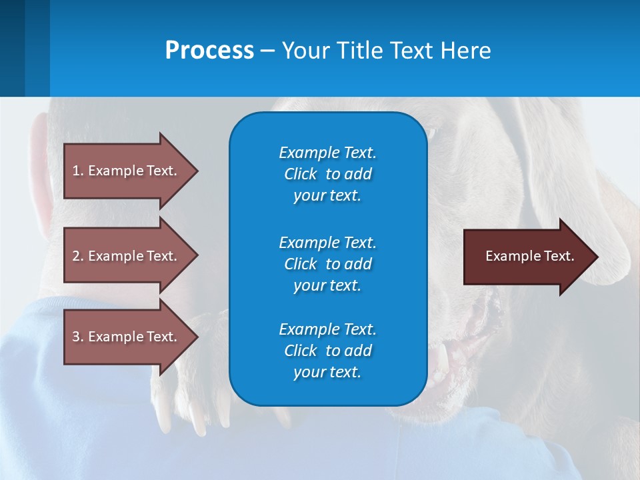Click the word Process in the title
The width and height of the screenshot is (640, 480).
(x=209, y=50)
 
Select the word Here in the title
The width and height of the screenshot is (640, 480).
(x=465, y=50)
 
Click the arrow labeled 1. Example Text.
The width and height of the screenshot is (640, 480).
(x=131, y=171)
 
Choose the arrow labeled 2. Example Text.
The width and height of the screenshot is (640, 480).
(x=131, y=255)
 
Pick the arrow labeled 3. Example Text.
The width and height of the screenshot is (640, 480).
(x=131, y=337)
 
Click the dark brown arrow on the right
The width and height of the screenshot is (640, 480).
(x=531, y=257)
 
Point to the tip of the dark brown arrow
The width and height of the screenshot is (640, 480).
(x=599, y=257)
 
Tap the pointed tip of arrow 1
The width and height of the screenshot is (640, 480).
(x=199, y=171)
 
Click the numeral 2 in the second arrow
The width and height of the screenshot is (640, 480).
(x=76, y=256)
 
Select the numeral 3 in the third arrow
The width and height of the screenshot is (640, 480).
(x=76, y=337)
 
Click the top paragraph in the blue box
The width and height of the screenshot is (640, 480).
(x=328, y=174)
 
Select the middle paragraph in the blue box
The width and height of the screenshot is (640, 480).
(x=328, y=264)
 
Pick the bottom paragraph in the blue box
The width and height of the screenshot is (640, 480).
(x=328, y=351)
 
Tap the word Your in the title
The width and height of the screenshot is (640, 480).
(x=306, y=50)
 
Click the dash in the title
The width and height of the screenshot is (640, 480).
(x=268, y=51)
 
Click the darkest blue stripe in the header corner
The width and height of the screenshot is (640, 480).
(x=12, y=48)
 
